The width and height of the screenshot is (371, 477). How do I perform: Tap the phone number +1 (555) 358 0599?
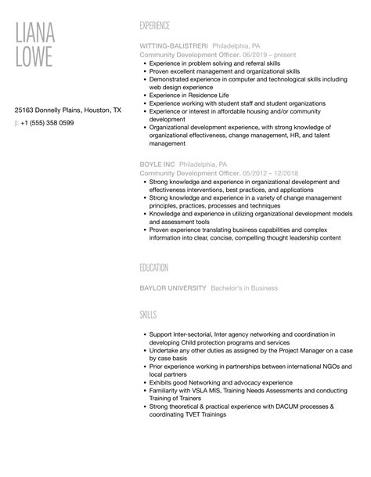tap(48, 124)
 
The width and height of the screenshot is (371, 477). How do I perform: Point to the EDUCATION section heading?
tap(154, 268)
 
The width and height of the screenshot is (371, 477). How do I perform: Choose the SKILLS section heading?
tap(148, 314)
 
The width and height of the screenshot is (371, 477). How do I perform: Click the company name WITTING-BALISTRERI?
tap(171, 45)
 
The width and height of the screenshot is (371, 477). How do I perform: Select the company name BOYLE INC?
tap(157, 164)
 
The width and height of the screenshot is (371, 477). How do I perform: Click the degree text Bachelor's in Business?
tap(244, 288)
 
